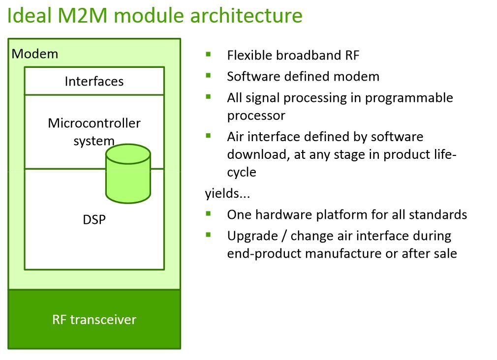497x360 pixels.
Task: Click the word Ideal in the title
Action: [x=29, y=15]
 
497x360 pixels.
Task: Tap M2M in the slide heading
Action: [x=82, y=15]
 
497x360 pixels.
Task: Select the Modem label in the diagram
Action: [x=35, y=54]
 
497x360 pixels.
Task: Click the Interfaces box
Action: [x=94, y=81]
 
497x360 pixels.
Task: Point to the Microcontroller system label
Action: [x=94, y=131]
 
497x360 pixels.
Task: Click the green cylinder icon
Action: [x=128, y=174]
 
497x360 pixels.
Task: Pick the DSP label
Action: [x=94, y=219]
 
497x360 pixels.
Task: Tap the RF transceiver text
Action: [x=94, y=320]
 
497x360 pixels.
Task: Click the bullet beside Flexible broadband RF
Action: [x=208, y=54]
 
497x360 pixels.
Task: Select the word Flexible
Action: [x=249, y=55]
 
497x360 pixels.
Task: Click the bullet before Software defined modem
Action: [x=208, y=75]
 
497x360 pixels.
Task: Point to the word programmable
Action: [x=409, y=98]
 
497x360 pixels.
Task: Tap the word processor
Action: [x=256, y=116]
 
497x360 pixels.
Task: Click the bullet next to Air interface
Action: [x=208, y=136]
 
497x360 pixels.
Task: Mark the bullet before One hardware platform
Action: [x=208, y=213]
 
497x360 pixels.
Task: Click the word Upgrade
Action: [x=252, y=236]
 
